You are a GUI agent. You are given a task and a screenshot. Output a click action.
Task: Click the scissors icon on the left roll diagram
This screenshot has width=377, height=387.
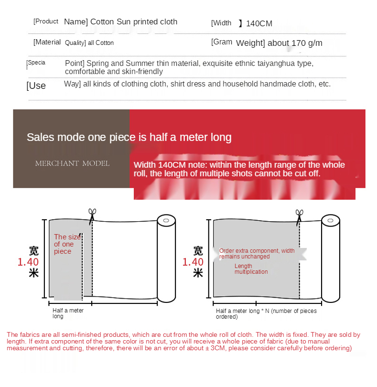click(x=92, y=216)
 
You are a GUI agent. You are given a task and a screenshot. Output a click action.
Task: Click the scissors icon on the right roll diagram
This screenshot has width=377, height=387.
click(x=299, y=217)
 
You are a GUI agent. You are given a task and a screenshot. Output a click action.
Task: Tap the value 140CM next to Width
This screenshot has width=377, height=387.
click(x=259, y=24)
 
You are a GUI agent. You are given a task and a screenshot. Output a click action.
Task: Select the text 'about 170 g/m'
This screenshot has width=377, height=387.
click(x=295, y=43)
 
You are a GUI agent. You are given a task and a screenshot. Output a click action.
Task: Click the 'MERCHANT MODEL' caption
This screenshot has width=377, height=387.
click(x=72, y=163)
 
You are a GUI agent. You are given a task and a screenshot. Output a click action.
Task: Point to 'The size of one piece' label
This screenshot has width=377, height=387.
click(x=67, y=244)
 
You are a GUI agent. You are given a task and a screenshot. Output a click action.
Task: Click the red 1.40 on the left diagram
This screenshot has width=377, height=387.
click(x=28, y=262)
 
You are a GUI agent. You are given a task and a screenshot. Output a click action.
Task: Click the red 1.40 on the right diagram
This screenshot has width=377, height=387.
click(x=193, y=262)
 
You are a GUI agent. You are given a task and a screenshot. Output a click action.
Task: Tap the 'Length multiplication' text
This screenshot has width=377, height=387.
click(x=251, y=269)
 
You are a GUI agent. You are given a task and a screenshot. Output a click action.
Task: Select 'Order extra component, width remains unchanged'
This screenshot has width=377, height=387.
click(x=257, y=254)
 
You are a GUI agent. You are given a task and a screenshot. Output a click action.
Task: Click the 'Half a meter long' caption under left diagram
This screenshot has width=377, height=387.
click(x=68, y=313)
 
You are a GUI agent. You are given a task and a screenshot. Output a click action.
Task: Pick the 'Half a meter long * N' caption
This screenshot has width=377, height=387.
click(x=266, y=314)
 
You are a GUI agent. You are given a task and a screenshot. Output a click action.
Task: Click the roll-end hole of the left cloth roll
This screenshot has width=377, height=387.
click(x=166, y=220)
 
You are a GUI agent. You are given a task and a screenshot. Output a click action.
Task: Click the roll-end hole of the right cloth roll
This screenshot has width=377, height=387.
click(x=331, y=220)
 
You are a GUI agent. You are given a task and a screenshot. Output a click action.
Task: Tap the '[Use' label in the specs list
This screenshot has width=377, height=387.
click(x=36, y=86)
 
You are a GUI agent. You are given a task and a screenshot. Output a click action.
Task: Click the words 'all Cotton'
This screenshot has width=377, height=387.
click(x=101, y=43)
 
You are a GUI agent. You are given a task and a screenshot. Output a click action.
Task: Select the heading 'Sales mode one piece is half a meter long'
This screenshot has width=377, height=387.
click(x=129, y=137)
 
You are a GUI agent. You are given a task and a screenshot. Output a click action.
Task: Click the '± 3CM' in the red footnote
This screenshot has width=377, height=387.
click(x=215, y=348)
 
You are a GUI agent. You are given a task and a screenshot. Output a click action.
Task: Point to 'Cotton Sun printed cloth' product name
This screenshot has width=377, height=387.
click(x=134, y=22)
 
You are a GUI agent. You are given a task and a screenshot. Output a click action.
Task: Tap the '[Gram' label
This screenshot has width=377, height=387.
click(x=221, y=42)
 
